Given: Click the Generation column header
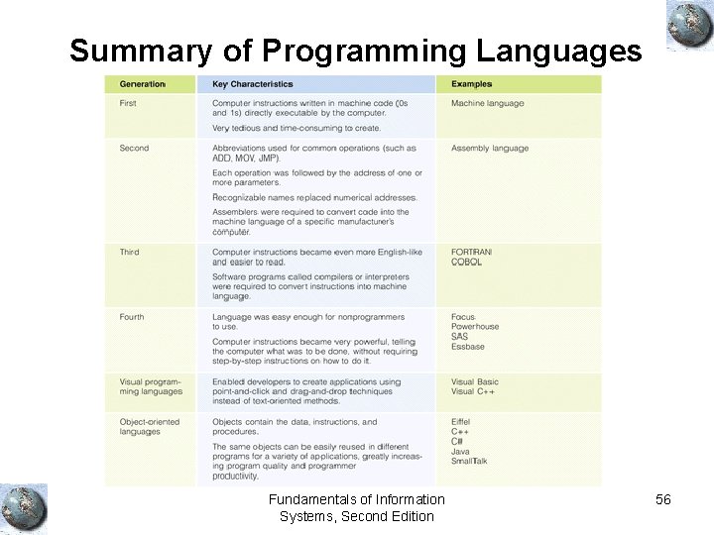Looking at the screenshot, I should point(143,84).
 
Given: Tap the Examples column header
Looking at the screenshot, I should point(471,84).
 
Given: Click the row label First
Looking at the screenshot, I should point(128,103).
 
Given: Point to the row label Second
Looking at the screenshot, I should point(134,149).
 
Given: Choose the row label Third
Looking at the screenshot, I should point(130,253).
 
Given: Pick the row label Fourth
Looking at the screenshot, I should point(132,317).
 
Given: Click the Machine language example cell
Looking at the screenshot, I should point(487,103).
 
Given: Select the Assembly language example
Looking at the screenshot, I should point(490,149).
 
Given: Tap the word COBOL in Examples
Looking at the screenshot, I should point(467,263).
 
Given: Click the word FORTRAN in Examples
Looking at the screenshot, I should point(471,253).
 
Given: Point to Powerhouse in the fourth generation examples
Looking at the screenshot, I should point(475,327).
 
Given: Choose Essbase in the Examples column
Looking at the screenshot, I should point(468,347).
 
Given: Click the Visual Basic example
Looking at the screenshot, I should point(475,381).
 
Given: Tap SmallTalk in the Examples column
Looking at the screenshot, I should point(469,461).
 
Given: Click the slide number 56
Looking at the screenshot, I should point(663,500).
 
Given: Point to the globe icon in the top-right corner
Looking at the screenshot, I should point(690,25).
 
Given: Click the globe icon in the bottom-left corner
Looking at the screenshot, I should point(23,507).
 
